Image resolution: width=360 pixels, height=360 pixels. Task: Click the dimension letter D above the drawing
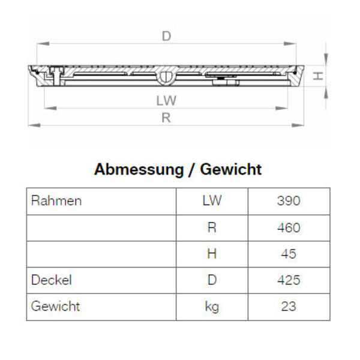(166, 37)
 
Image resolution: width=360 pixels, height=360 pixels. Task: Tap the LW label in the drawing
(166, 101)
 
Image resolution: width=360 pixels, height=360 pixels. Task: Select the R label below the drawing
(166, 118)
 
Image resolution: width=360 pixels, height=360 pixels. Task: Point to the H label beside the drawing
(319, 76)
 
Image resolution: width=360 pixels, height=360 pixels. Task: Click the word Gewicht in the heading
(231, 170)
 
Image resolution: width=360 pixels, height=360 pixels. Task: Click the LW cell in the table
(212, 200)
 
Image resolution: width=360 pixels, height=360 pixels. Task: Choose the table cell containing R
(212, 227)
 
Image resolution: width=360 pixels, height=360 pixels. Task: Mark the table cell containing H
(212, 254)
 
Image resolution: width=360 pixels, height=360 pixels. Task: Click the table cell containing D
(212, 280)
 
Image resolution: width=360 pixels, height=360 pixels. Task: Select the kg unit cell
(212, 307)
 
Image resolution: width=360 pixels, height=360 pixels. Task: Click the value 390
(289, 200)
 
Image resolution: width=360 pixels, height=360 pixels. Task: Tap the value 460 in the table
(289, 227)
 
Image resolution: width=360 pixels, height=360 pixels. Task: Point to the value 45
(289, 254)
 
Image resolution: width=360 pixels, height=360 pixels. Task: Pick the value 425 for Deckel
(289, 280)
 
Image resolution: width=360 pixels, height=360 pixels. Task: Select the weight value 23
(289, 307)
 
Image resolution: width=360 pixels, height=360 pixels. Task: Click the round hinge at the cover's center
(166, 77)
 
